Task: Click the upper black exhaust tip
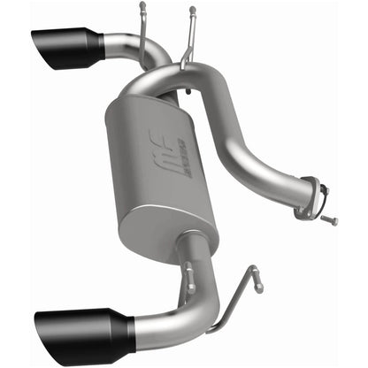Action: coord(69,48)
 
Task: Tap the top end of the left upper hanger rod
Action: coord(142,8)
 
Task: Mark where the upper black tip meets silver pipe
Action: coord(103,43)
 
